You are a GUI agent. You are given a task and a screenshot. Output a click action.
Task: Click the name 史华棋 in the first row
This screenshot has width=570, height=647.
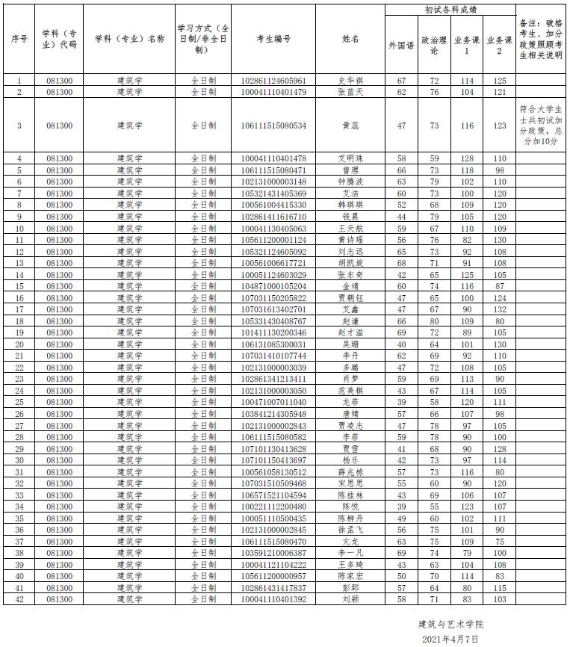pyautogui.click(x=350, y=81)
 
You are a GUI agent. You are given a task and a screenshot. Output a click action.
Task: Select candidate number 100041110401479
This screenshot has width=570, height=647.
pyautogui.click(x=273, y=92)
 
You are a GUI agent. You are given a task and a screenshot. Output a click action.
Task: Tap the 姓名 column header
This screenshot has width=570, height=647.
pyautogui.click(x=350, y=39)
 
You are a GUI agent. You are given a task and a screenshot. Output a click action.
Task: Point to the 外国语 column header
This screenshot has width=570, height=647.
pyautogui.click(x=401, y=45)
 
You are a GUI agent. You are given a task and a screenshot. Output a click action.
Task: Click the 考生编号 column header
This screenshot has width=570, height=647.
pyautogui.click(x=273, y=39)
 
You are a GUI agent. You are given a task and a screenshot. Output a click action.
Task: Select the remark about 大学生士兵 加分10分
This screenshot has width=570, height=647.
pyautogui.click(x=542, y=125)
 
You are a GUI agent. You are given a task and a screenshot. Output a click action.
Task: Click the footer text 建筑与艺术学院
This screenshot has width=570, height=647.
pyautogui.click(x=456, y=624)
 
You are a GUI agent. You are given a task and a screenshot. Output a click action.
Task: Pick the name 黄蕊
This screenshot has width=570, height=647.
pyautogui.click(x=350, y=126)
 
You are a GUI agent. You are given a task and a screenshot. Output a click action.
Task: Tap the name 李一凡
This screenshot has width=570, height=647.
pyautogui.click(x=350, y=553)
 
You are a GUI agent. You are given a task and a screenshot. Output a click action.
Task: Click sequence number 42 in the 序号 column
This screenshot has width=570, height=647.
pyautogui.click(x=19, y=599)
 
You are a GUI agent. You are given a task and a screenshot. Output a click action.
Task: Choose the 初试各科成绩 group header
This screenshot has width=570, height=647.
pyautogui.click(x=450, y=10)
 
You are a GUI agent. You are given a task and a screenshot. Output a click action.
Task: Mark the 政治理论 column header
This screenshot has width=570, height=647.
pyautogui.click(x=434, y=45)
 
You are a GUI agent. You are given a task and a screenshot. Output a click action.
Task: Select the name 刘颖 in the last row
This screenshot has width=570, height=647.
pyautogui.click(x=350, y=599)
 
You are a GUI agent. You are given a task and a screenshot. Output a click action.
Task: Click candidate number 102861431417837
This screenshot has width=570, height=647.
pyautogui.click(x=273, y=588)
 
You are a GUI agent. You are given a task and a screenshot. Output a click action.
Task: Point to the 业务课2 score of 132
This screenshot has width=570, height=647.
pyautogui.click(x=500, y=309)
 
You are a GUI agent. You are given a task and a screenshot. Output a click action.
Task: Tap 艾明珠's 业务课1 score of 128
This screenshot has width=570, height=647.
pyautogui.click(x=468, y=158)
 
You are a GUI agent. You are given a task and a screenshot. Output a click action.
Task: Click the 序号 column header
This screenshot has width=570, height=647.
pyautogui.click(x=19, y=39)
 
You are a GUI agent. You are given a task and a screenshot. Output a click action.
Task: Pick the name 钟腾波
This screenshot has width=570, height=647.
pyautogui.click(x=350, y=182)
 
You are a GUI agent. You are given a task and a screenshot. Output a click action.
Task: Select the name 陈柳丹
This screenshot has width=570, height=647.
pyautogui.click(x=350, y=518)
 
